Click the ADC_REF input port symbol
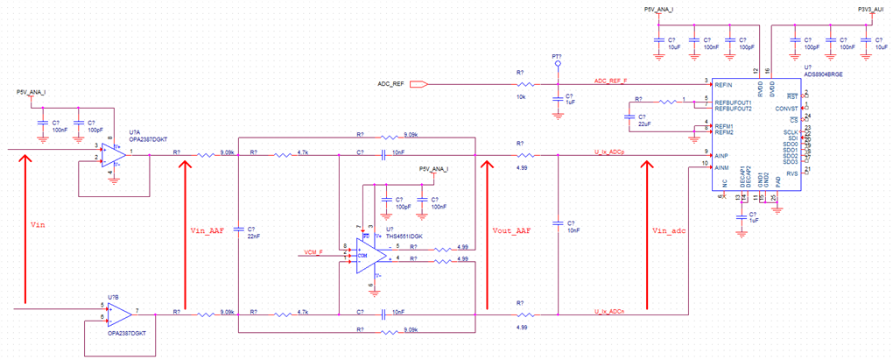tap(418, 84)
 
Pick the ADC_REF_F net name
tap(610, 80)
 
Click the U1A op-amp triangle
tap(114, 154)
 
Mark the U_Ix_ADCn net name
tap(609, 311)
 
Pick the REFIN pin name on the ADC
tap(723, 84)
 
